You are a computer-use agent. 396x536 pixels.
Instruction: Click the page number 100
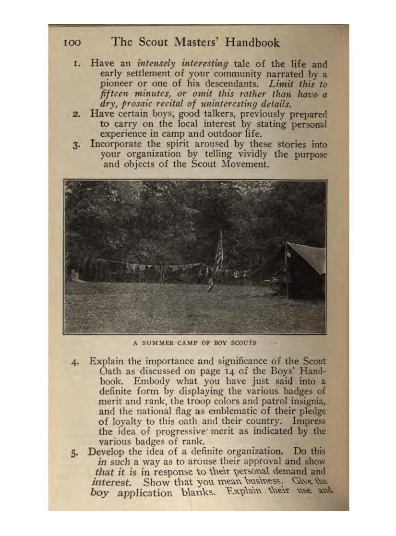[x=72, y=43]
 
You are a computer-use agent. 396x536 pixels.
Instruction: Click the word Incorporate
[x=118, y=144]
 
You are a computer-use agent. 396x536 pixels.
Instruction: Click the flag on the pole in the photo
[x=218, y=254]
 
